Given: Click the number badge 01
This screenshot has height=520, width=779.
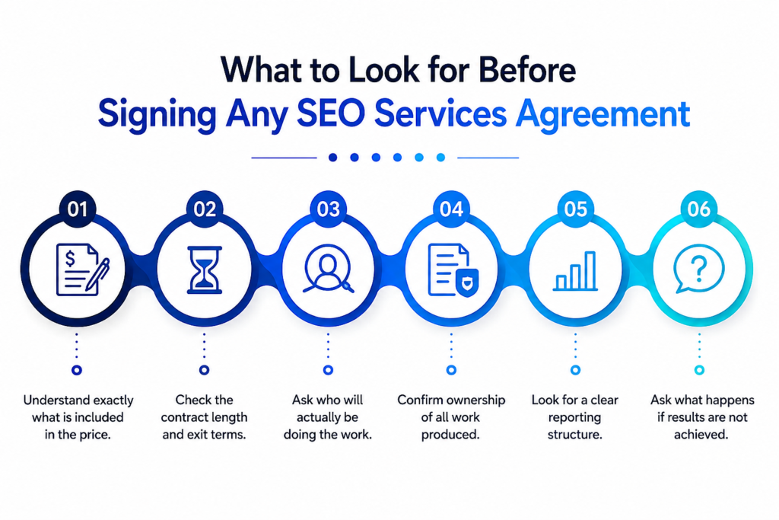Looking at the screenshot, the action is (x=78, y=209).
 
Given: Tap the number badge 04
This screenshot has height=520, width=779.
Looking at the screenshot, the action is (x=451, y=209).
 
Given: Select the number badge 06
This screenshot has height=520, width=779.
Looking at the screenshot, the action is (x=698, y=209).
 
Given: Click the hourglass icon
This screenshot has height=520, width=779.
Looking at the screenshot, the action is (x=204, y=270).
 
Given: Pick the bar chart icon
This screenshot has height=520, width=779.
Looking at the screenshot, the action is (x=575, y=271).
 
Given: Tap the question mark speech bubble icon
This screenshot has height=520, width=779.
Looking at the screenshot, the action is (x=698, y=269).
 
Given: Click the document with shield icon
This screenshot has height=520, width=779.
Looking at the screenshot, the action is (x=453, y=270).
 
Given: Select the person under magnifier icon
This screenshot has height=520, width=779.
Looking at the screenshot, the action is (x=328, y=269).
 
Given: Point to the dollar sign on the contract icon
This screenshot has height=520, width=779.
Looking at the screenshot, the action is (x=70, y=259).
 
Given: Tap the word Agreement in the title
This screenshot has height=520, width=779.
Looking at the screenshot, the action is (x=603, y=115).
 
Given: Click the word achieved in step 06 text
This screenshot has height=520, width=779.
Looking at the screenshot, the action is (x=701, y=435).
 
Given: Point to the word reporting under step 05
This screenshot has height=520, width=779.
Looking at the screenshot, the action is (x=574, y=417).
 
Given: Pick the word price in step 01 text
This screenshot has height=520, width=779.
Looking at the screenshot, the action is (x=95, y=435).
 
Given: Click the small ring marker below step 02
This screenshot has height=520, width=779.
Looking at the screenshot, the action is (x=204, y=370).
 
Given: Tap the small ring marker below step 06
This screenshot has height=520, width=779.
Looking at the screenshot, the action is (x=699, y=370).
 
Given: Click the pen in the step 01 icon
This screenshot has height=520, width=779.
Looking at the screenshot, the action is (x=97, y=274).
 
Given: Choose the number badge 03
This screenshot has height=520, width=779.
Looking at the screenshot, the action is (x=328, y=209).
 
